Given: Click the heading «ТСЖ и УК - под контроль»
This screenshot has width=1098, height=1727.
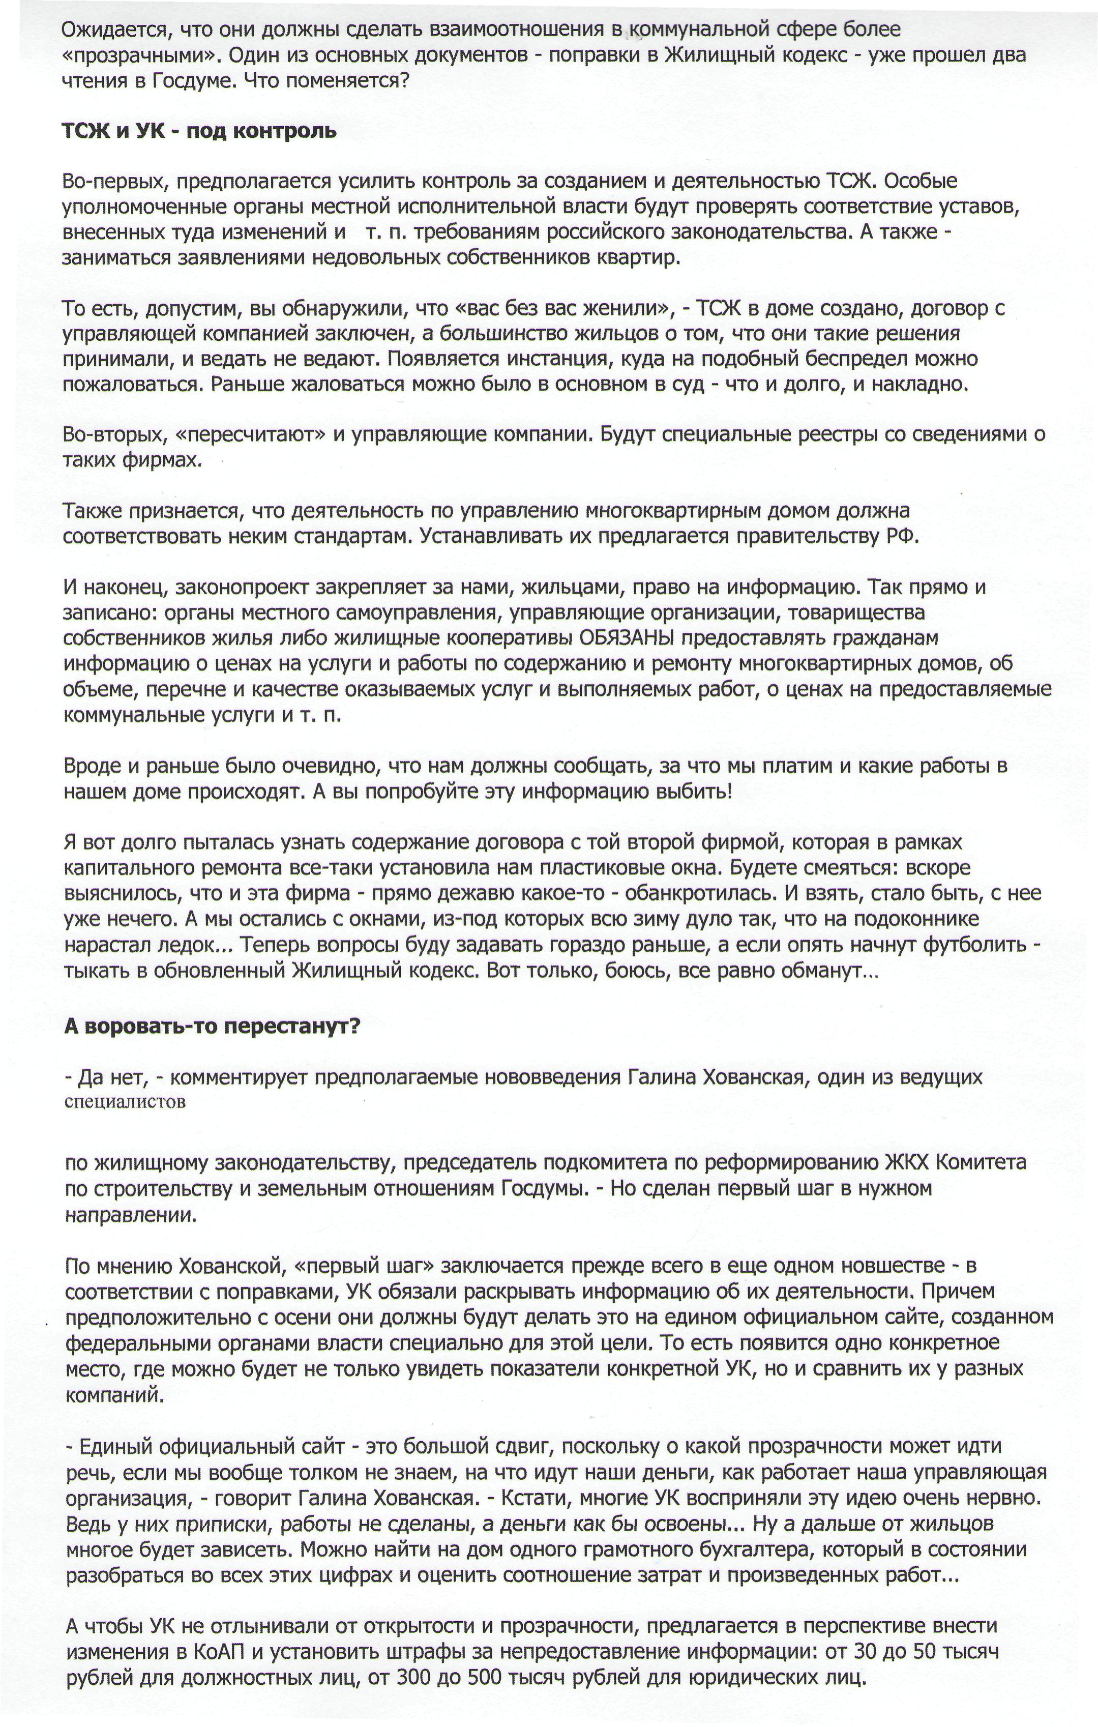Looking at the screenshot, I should coord(199,132).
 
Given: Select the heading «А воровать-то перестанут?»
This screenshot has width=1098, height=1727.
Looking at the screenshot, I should coord(212,1027).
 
